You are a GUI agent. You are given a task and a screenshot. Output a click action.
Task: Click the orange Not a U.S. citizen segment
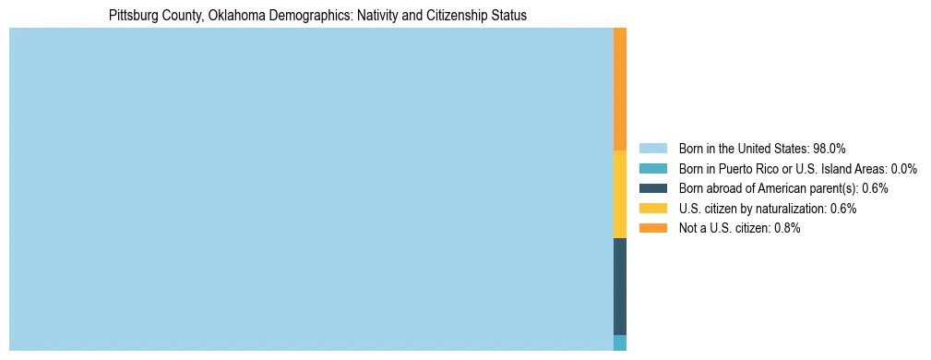(620, 89)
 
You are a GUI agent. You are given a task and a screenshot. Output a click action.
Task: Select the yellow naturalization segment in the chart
(620, 194)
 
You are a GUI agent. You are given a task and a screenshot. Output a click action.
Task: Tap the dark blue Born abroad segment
(620, 286)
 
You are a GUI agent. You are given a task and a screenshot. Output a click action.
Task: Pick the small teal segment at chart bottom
(620, 342)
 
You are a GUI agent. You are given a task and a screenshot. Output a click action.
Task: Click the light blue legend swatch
(652, 148)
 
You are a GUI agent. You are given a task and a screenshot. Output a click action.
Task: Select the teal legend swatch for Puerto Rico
(652, 168)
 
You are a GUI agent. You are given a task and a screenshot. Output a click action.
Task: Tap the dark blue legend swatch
(652, 188)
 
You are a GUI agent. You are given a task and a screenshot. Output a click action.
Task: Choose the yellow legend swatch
(652, 209)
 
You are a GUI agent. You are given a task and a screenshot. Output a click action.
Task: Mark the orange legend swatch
(652, 228)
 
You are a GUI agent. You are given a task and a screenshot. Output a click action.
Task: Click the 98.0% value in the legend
(829, 148)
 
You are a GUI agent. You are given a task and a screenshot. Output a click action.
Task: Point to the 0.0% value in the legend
(904, 168)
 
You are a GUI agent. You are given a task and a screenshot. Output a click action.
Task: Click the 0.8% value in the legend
(787, 228)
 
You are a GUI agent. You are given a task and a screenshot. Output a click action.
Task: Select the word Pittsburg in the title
(133, 16)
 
